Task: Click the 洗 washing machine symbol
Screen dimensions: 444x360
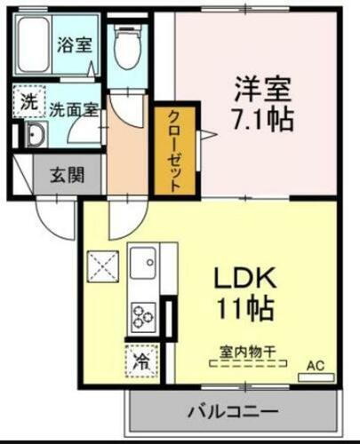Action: coord(29,100)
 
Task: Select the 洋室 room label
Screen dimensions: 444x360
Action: coord(264,90)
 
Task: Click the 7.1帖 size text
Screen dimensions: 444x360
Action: coord(264,119)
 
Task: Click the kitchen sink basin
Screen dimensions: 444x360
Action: coord(142,264)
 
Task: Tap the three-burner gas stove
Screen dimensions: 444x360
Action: coord(142,314)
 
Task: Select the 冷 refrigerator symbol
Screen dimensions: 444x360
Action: coord(140,361)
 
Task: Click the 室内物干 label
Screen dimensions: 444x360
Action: coord(243,351)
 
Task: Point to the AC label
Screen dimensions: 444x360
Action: coord(316,364)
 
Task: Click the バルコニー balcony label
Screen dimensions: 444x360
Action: coord(233,412)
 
